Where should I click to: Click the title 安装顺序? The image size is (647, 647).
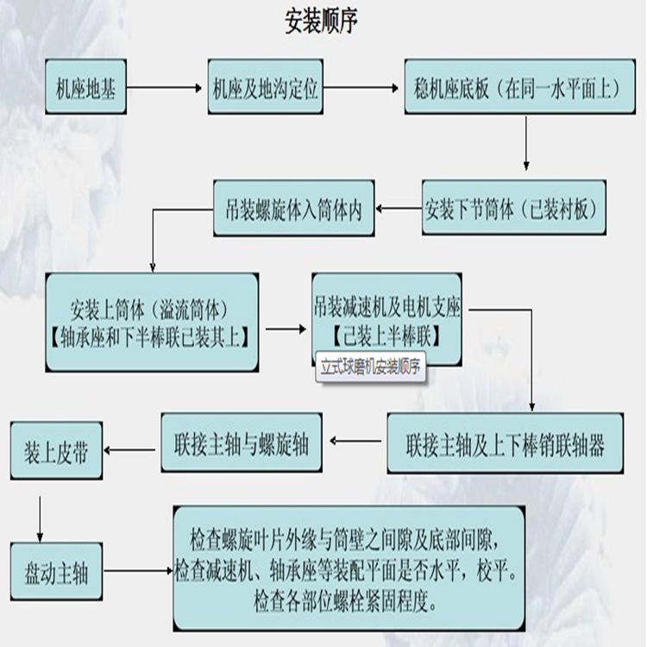coord(321,22)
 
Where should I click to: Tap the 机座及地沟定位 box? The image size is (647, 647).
coord(266,87)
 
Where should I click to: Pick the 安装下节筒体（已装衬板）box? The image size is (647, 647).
coord(513,208)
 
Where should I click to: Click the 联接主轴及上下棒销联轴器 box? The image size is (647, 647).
coord(505,444)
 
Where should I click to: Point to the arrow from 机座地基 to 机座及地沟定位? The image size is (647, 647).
coord(163,87)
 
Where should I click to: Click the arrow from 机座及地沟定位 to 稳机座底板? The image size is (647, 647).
coord(363,87)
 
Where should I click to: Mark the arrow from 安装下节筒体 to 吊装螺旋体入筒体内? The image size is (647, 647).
coord(398,208)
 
